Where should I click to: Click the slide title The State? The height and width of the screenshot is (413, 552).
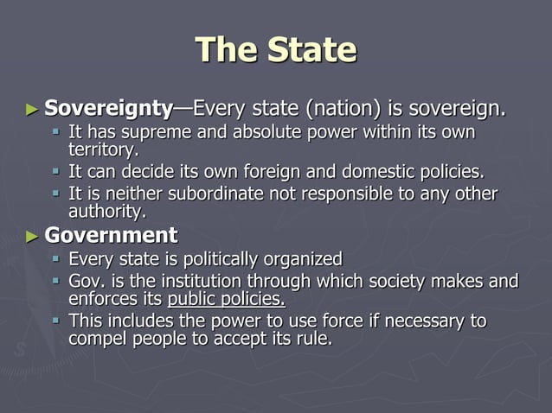coord(276,49)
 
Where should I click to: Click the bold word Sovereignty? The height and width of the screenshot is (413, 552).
coord(108,109)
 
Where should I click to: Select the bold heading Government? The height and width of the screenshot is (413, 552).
coord(111,235)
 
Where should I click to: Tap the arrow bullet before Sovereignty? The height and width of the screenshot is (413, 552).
coord(31,110)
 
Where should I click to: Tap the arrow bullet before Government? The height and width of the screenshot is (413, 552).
coord(31,236)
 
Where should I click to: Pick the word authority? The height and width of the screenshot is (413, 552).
coord(107,210)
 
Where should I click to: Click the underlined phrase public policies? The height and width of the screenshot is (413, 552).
coord(226,299)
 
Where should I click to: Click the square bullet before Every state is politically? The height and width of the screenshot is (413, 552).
coord(55,258)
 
